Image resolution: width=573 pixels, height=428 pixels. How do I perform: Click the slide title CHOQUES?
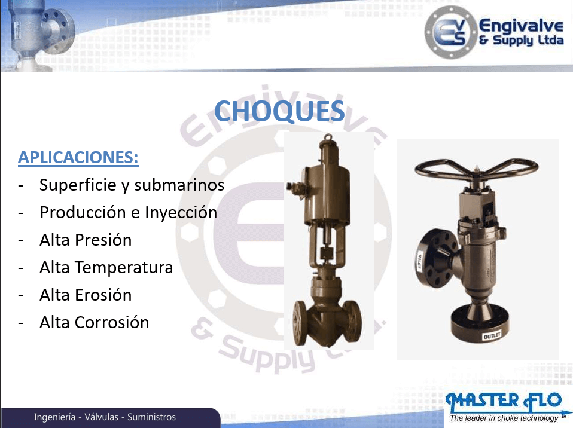pos(279,111)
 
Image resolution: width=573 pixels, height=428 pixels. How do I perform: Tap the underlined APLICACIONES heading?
pos(78,158)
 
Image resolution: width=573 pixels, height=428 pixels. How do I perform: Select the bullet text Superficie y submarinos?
pos(132,185)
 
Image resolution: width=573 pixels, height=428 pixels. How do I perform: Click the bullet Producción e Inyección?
pos(128,213)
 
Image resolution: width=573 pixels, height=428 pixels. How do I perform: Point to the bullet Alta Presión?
pos(86,240)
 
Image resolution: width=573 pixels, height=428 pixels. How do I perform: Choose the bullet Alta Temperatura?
pos(106,267)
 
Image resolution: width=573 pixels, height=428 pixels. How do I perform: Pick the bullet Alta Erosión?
pos(86,295)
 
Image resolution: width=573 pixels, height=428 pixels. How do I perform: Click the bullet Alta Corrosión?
pos(95,322)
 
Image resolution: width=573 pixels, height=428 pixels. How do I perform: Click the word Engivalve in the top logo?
pos(521,26)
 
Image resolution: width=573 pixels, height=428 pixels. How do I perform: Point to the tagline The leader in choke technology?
pos(504,418)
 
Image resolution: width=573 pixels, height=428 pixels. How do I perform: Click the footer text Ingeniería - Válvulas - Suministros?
pos(105,417)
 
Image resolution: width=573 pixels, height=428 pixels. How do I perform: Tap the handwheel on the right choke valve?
pos(476,168)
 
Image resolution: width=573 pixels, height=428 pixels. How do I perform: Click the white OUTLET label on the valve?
pos(492,335)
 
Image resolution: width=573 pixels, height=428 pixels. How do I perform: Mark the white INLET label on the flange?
pos(419,261)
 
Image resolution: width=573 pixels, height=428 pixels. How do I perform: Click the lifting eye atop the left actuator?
pos(328,137)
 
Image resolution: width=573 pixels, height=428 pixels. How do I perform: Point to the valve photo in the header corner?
pos(38,35)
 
